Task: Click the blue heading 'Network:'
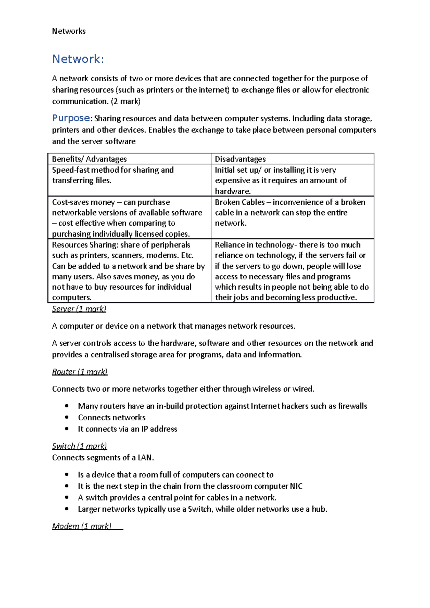pos(78,59)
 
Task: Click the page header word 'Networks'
pos(69,31)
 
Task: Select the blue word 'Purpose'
pos(71,118)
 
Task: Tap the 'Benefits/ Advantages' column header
pos(89,159)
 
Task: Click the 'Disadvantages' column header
pos(240,159)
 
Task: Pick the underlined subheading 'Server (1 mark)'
pos(79,309)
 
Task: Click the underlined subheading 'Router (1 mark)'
pos(80,372)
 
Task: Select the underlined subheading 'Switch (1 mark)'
pos(79,446)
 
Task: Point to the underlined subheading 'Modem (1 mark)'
pos(82,526)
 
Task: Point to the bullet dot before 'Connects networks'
pos(67,418)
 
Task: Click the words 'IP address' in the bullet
pos(159,429)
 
